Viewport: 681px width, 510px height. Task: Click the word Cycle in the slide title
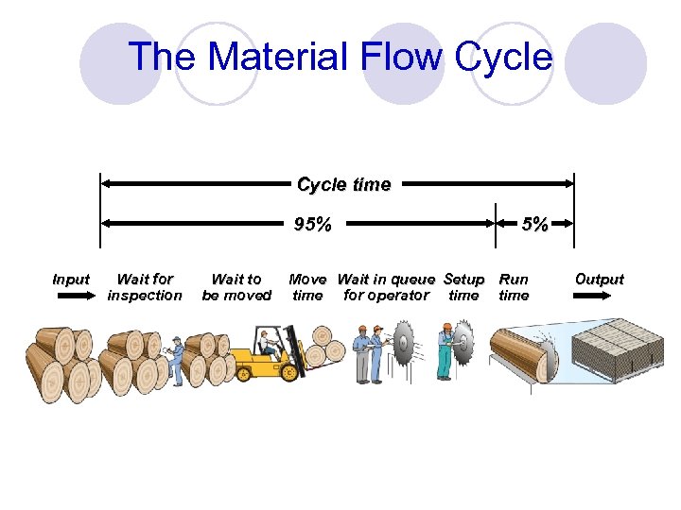(x=502, y=57)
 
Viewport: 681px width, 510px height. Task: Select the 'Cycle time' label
(x=343, y=184)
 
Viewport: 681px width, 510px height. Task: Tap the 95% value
(x=313, y=225)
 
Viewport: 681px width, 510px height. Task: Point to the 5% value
(x=535, y=225)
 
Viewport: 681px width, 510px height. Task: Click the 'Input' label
(x=71, y=280)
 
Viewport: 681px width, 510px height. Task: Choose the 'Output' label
(x=600, y=280)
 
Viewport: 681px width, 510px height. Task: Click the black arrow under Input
(x=70, y=296)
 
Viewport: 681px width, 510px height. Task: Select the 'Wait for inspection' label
(x=145, y=287)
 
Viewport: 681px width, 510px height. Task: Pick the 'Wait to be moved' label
(x=236, y=287)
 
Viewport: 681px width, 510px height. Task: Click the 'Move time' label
(x=307, y=287)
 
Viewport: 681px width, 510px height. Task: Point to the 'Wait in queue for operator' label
(x=386, y=287)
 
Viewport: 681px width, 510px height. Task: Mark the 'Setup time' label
(x=463, y=287)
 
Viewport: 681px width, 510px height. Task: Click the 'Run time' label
(x=514, y=287)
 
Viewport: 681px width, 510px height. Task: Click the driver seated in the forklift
(x=269, y=344)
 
